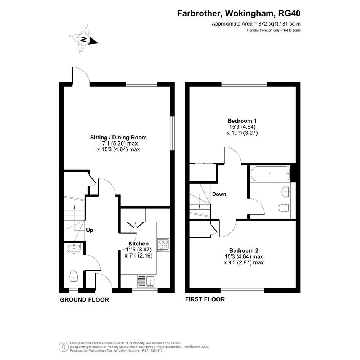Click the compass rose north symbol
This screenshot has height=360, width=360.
(x=83, y=39)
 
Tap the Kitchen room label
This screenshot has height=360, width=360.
(x=138, y=243)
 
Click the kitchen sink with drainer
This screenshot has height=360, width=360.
(x=146, y=281)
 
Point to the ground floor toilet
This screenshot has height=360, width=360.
(x=74, y=277)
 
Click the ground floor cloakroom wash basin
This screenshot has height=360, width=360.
(x=74, y=248)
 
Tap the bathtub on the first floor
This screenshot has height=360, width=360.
(x=270, y=174)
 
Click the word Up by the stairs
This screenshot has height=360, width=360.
(x=90, y=230)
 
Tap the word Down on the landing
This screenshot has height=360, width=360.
(x=219, y=194)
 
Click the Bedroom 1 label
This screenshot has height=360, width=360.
(x=242, y=121)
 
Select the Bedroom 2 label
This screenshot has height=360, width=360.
(x=243, y=251)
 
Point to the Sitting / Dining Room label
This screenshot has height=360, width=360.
(x=118, y=138)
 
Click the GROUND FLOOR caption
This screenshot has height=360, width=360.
(x=85, y=299)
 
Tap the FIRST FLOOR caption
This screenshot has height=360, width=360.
(x=205, y=299)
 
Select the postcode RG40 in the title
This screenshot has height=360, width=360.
(x=289, y=13)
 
